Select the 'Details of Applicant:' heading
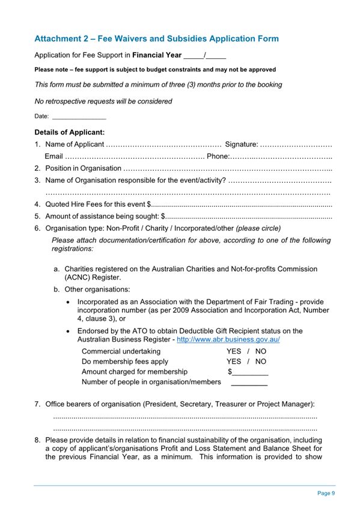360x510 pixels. pyautogui.click(x=70, y=132)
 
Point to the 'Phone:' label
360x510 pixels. pyautogui.click(x=217, y=156)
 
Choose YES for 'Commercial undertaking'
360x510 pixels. pyautogui.click(x=234, y=351)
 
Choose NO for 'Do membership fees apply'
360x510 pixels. pyautogui.click(x=261, y=361)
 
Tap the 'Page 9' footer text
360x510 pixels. pyautogui.click(x=326, y=493)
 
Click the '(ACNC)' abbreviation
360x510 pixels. pyautogui.click(x=78, y=278)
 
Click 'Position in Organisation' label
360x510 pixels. pyautogui.click(x=84, y=168)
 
